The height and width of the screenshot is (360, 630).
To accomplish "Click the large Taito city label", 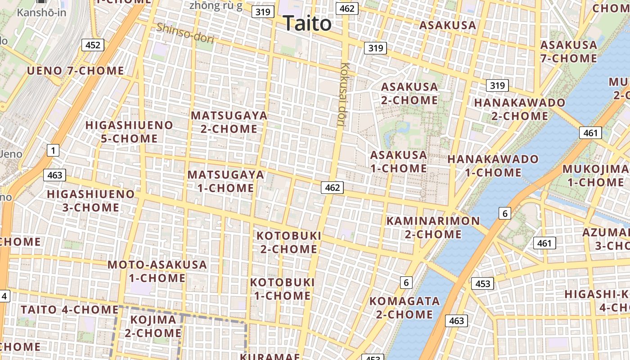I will (x=308, y=23).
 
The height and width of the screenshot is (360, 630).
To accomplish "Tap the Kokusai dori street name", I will (x=344, y=94).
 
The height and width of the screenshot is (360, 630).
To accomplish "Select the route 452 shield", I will (x=93, y=45).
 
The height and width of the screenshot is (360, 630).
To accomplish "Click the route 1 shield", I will (x=53, y=150).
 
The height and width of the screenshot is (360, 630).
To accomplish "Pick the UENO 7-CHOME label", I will (x=75, y=71).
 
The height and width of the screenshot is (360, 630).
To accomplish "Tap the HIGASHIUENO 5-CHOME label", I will (x=129, y=132).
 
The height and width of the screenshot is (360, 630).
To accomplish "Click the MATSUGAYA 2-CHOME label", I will (x=229, y=122).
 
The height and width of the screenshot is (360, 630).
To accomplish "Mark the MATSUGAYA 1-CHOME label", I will (x=226, y=181).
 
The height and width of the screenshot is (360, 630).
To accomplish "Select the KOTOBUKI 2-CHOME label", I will (x=288, y=242).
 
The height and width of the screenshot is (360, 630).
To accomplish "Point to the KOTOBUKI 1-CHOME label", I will (x=282, y=289).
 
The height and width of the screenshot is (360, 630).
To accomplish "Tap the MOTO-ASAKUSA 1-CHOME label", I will (x=157, y=271).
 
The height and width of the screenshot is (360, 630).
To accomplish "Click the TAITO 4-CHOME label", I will (x=70, y=310).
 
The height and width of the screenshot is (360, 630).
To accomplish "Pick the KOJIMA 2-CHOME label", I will (x=153, y=326).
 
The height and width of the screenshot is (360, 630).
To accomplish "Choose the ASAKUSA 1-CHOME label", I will (x=398, y=162).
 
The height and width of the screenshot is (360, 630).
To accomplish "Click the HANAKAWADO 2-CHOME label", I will (x=519, y=109).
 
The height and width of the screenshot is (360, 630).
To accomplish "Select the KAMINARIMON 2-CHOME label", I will (x=433, y=227).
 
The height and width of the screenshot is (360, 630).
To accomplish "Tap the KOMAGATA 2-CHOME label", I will (x=405, y=307).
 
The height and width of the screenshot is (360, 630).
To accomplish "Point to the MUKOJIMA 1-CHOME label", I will (x=595, y=175).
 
